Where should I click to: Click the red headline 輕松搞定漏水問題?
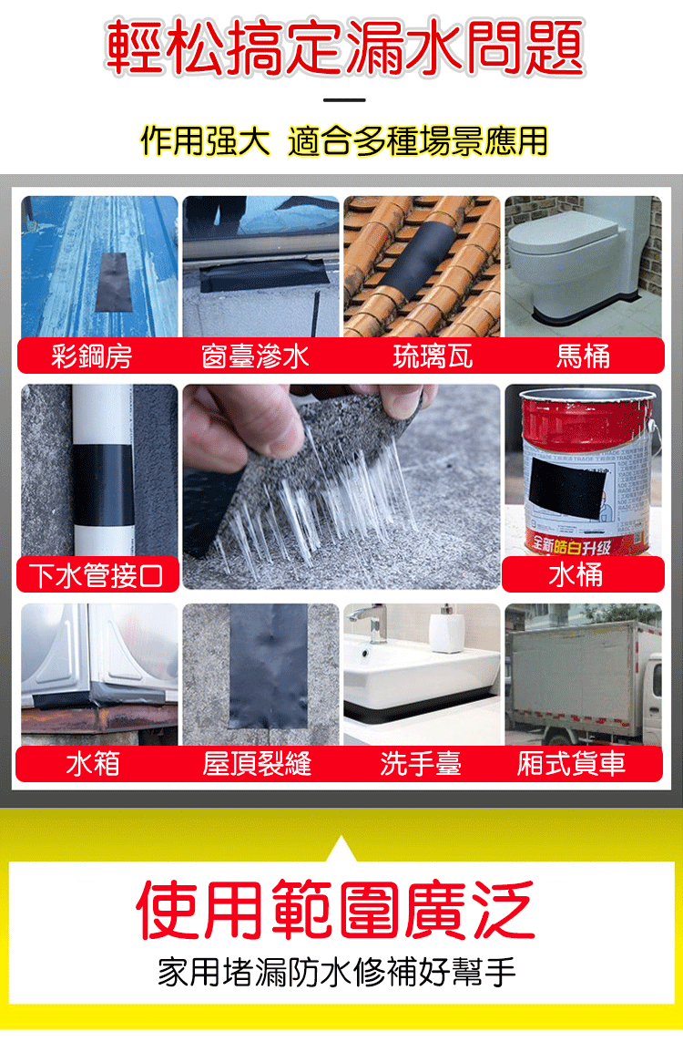click(x=344, y=47)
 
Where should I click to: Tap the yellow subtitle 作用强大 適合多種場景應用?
click(x=344, y=140)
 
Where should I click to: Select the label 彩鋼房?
click(x=92, y=356)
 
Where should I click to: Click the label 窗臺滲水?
click(x=256, y=356)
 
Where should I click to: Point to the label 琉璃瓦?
click(x=433, y=356)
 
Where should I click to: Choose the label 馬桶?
click(x=584, y=356)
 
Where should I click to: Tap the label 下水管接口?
click(x=97, y=575)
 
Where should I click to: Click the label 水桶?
click(x=576, y=575)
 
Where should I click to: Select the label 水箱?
click(x=93, y=764)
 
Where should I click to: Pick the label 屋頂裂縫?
click(x=257, y=764)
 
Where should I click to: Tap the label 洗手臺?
click(x=421, y=764)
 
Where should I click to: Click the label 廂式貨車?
click(x=571, y=764)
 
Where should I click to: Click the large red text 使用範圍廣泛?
click(x=335, y=910)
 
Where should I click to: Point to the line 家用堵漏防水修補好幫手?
click(x=337, y=972)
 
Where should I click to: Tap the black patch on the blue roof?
click(x=111, y=282)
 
